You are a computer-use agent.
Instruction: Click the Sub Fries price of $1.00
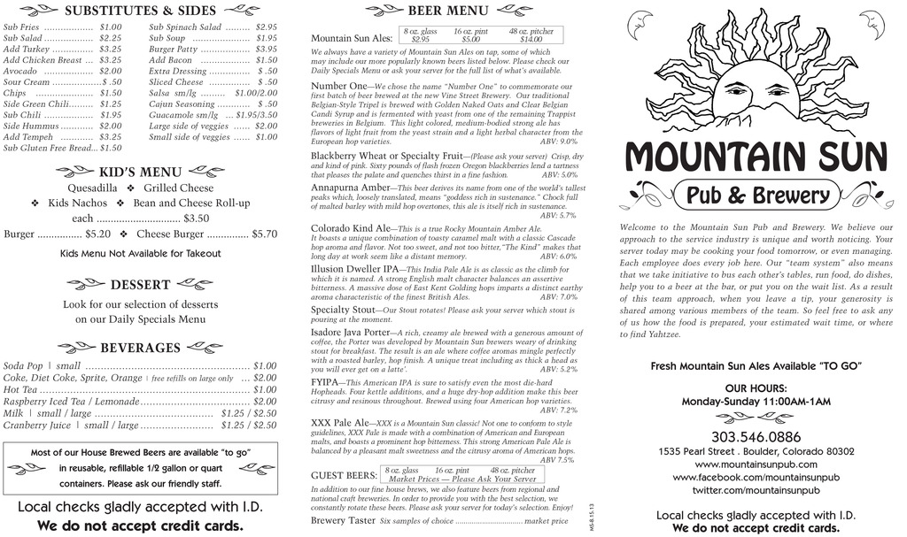pyautogui.click(x=111, y=27)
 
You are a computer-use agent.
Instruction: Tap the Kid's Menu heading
pyautogui.click(x=141, y=172)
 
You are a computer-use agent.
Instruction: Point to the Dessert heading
pyautogui.click(x=140, y=285)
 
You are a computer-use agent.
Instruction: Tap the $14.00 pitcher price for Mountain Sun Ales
pyautogui.click(x=531, y=39)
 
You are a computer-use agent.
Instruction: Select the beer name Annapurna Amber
pyautogui.click(x=351, y=188)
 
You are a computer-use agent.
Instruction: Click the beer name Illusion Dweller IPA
pyautogui.click(x=355, y=269)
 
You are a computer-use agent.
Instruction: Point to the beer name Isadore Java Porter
pyautogui.click(x=351, y=333)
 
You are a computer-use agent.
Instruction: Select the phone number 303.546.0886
pyautogui.click(x=756, y=437)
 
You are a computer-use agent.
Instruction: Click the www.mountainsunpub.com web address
pyautogui.click(x=756, y=464)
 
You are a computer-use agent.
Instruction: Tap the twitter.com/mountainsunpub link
pyautogui.click(x=756, y=490)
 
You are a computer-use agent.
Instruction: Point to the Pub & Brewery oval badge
pyautogui.click(x=757, y=195)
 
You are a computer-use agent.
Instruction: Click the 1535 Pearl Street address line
pyautogui.click(x=756, y=451)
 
